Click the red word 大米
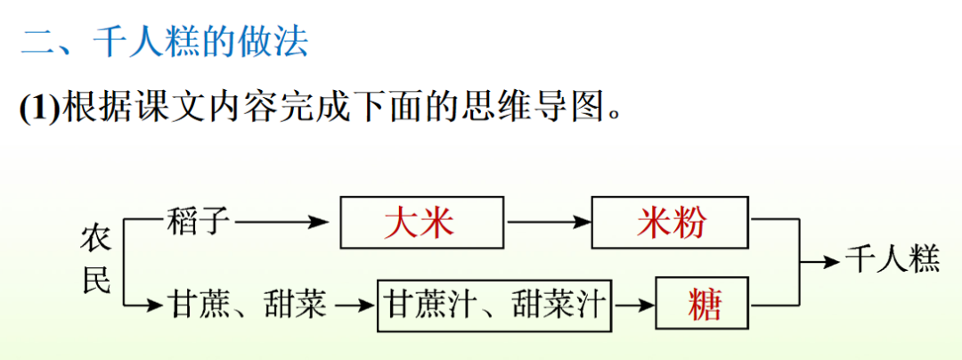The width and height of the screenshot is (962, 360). [419, 223]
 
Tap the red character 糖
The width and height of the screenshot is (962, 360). [705, 306]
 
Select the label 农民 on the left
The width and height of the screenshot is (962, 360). [96, 260]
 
